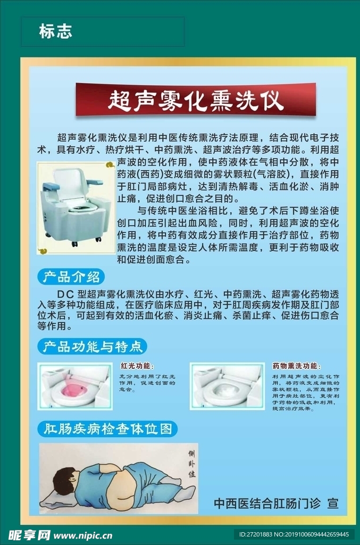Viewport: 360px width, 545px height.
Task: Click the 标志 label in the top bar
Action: pos(55,32)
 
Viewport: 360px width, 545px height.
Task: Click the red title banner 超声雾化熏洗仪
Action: pos(195,100)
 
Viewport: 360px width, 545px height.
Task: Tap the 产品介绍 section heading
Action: pos(71,277)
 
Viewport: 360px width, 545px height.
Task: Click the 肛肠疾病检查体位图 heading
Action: pos(108,428)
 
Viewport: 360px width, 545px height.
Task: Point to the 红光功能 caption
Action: pos(137,366)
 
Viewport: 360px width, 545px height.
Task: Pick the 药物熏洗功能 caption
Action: pos(296,366)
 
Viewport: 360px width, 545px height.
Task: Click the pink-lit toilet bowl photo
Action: pos(74,386)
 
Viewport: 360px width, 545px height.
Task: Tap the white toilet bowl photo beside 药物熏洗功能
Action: pos(227,386)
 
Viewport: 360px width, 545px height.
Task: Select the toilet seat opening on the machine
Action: pos(78,205)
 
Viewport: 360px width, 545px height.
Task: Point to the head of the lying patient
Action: pos(65,482)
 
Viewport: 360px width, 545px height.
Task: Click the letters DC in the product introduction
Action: pos(63,294)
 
